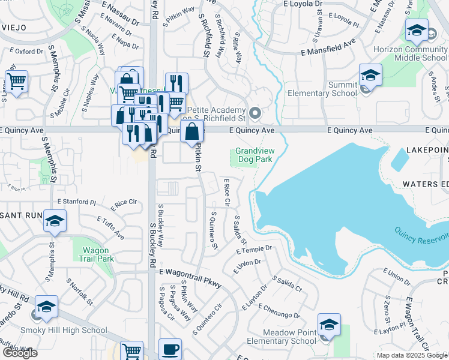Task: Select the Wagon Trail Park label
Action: point(88,254)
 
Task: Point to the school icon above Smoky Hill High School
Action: point(46,308)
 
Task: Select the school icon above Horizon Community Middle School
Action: point(416,31)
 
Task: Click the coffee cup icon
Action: point(170,350)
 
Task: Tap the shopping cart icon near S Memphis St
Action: point(16,82)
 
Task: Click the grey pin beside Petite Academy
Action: point(255,112)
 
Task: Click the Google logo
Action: point(19,353)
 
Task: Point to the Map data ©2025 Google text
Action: point(412,355)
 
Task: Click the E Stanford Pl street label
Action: point(76,202)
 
